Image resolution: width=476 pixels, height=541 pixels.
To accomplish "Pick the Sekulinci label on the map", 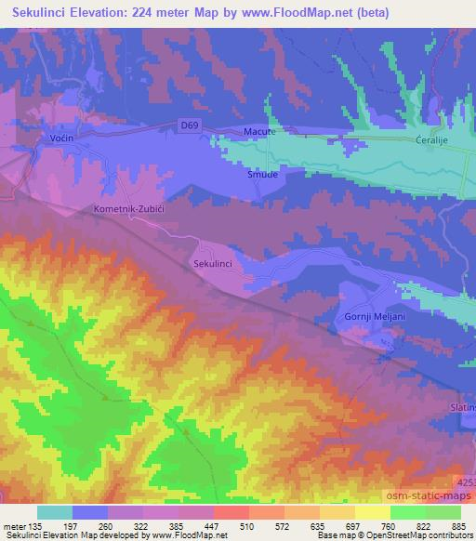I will point(212,265).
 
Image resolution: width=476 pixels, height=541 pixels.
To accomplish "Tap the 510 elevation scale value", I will point(247,526).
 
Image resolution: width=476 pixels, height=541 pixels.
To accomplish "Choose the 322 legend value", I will point(140,526).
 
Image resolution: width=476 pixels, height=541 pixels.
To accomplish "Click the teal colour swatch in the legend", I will point(55,512).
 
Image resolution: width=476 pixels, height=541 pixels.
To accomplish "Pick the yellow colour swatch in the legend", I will point(373,512).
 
